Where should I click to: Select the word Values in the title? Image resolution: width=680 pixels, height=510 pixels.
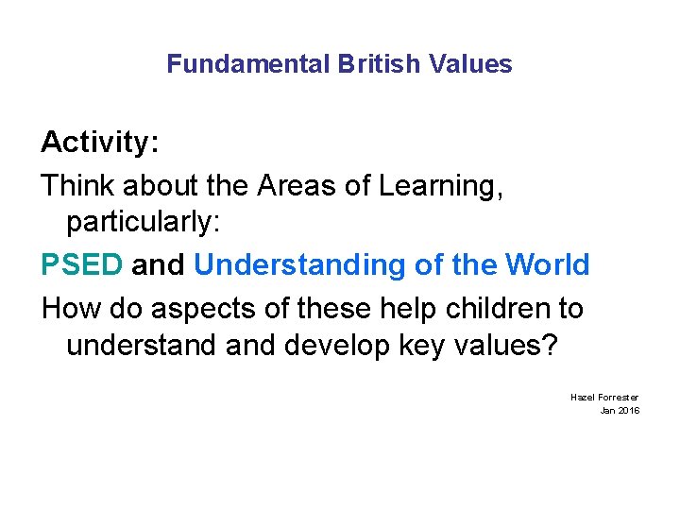pyautogui.click(x=470, y=64)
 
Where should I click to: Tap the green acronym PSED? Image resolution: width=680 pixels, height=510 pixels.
pyautogui.click(x=82, y=265)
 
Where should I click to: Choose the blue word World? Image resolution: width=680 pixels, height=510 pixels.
pyautogui.click(x=548, y=265)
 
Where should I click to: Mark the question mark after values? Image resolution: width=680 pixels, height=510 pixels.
pyautogui.click(x=550, y=346)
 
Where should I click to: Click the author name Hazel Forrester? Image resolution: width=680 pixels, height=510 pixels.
pyautogui.click(x=604, y=398)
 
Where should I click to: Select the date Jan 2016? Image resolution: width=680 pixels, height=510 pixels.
pyautogui.click(x=620, y=410)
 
